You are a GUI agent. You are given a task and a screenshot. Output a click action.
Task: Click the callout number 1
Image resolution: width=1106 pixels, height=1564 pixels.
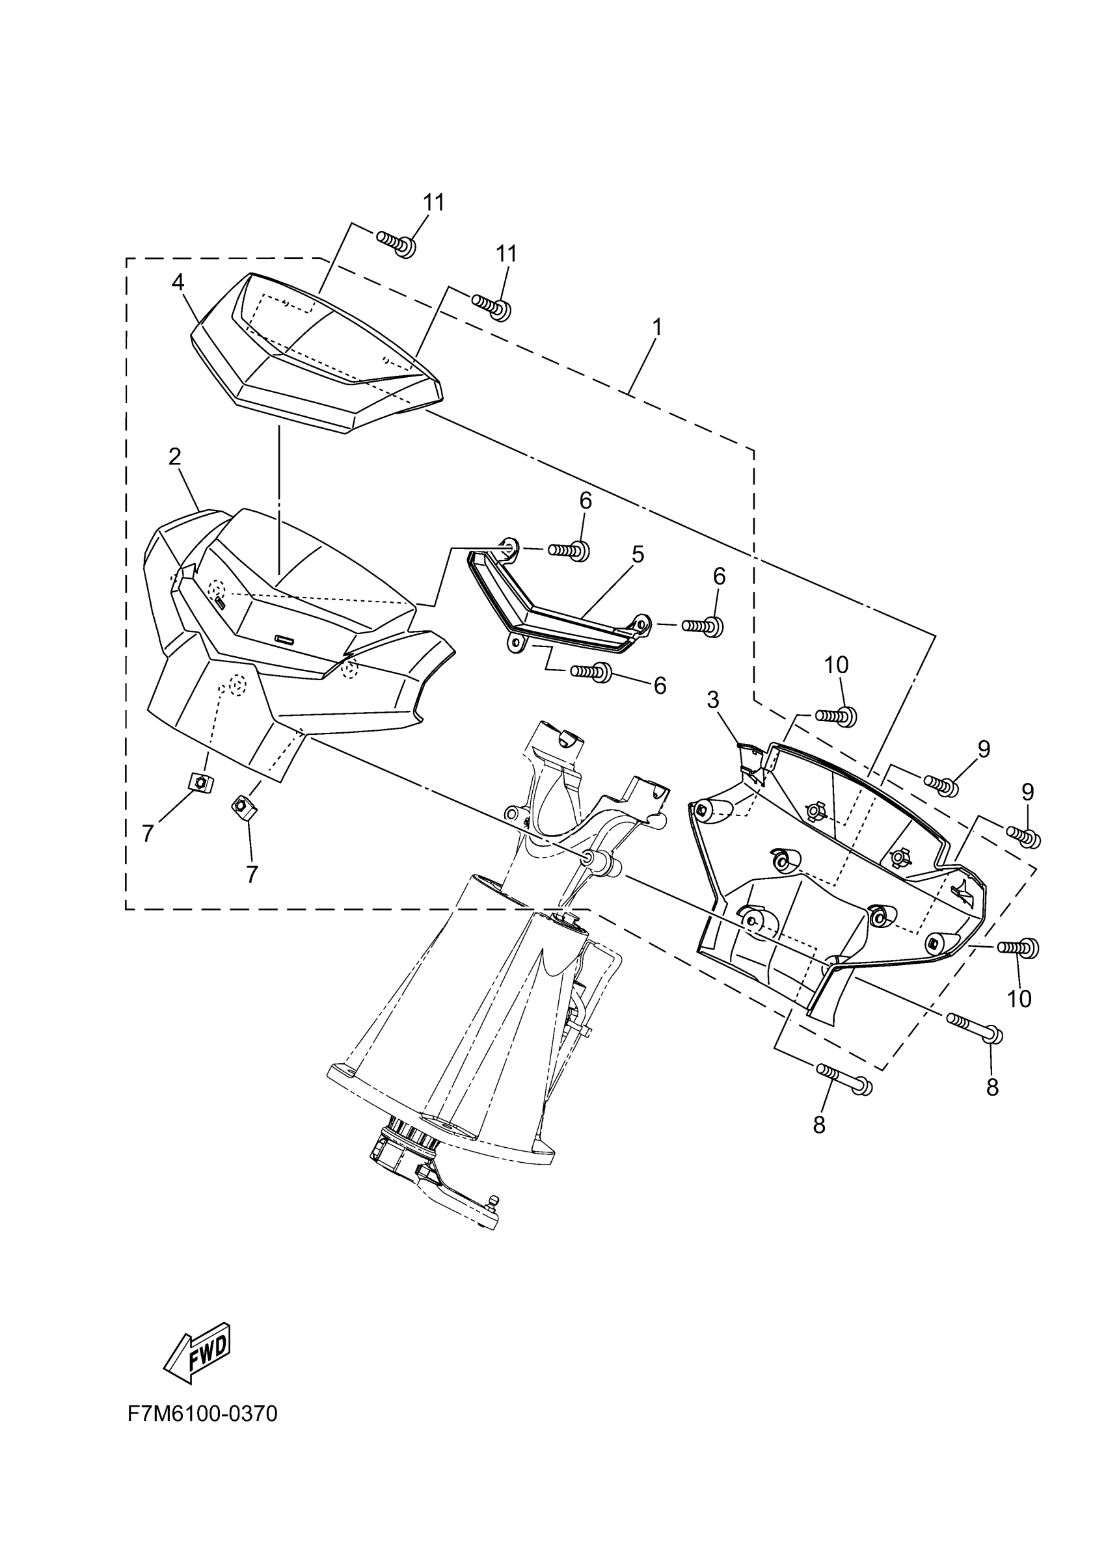pos(657,328)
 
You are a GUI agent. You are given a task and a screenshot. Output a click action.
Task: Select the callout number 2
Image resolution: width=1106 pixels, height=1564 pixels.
pos(175,457)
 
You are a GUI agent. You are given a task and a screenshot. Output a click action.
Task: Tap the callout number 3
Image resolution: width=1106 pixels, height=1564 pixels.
pos(713,700)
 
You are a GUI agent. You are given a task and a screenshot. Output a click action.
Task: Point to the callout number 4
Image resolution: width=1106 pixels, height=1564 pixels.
pos(178,282)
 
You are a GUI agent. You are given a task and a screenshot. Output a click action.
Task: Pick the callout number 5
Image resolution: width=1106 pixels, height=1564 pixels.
pos(637,554)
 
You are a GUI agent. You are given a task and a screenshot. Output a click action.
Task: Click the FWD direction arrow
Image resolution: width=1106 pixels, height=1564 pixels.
pos(198,1343)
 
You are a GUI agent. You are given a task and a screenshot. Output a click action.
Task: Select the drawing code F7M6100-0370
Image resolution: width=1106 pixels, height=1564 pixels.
pos(202,1414)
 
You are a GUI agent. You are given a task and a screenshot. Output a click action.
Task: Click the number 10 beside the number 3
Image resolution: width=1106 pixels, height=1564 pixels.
pos(836,665)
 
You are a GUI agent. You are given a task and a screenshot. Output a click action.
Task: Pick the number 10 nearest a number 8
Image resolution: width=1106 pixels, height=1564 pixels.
pos(1019,1000)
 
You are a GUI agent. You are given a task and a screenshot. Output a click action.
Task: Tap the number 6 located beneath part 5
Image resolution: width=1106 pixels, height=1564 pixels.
pos(660,685)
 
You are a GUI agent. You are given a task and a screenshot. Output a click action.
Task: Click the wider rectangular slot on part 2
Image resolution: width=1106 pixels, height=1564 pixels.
pos(284,639)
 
